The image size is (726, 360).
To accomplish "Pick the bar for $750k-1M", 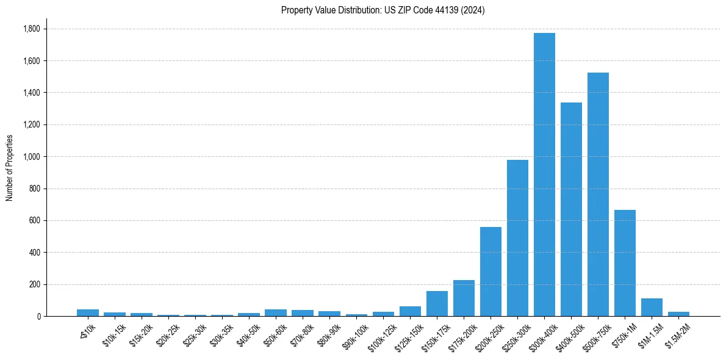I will (625, 263).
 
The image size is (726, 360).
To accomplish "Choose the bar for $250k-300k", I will (517, 238).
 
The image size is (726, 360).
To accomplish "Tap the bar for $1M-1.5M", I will (652, 308).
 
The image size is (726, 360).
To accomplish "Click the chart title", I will (383, 10).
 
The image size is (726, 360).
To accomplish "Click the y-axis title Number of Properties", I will (10, 168).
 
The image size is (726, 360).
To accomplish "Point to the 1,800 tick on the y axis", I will (31, 29).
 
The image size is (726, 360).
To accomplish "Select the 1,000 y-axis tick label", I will (31, 157).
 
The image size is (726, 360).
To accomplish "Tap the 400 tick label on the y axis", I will (34, 253).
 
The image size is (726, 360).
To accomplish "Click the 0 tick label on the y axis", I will (38, 317).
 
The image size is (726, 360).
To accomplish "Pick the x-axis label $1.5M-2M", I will (677, 334).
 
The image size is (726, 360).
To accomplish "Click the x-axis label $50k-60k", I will (275, 334).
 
